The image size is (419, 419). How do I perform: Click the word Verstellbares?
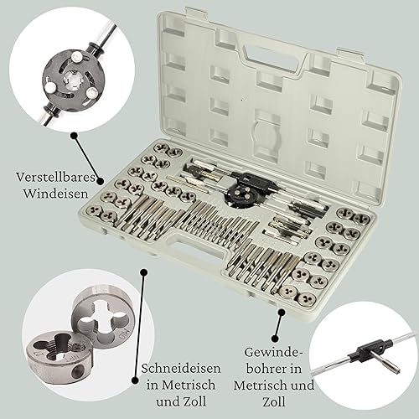point(55,177)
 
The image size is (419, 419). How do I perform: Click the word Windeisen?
point(55,194)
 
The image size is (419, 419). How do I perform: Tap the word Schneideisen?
point(181,369)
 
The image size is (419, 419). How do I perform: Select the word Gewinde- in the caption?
point(274,352)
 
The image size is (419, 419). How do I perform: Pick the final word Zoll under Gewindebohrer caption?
point(274,402)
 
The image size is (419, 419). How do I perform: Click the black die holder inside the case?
point(241,195)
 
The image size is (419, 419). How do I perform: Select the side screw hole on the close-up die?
point(76,370)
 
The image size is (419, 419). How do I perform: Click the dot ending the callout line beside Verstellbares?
point(100,181)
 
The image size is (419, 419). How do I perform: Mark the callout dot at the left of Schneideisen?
point(136,380)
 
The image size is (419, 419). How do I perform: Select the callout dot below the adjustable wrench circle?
point(74,136)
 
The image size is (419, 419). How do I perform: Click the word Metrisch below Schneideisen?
point(189,385)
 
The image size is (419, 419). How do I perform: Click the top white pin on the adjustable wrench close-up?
point(75,59)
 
